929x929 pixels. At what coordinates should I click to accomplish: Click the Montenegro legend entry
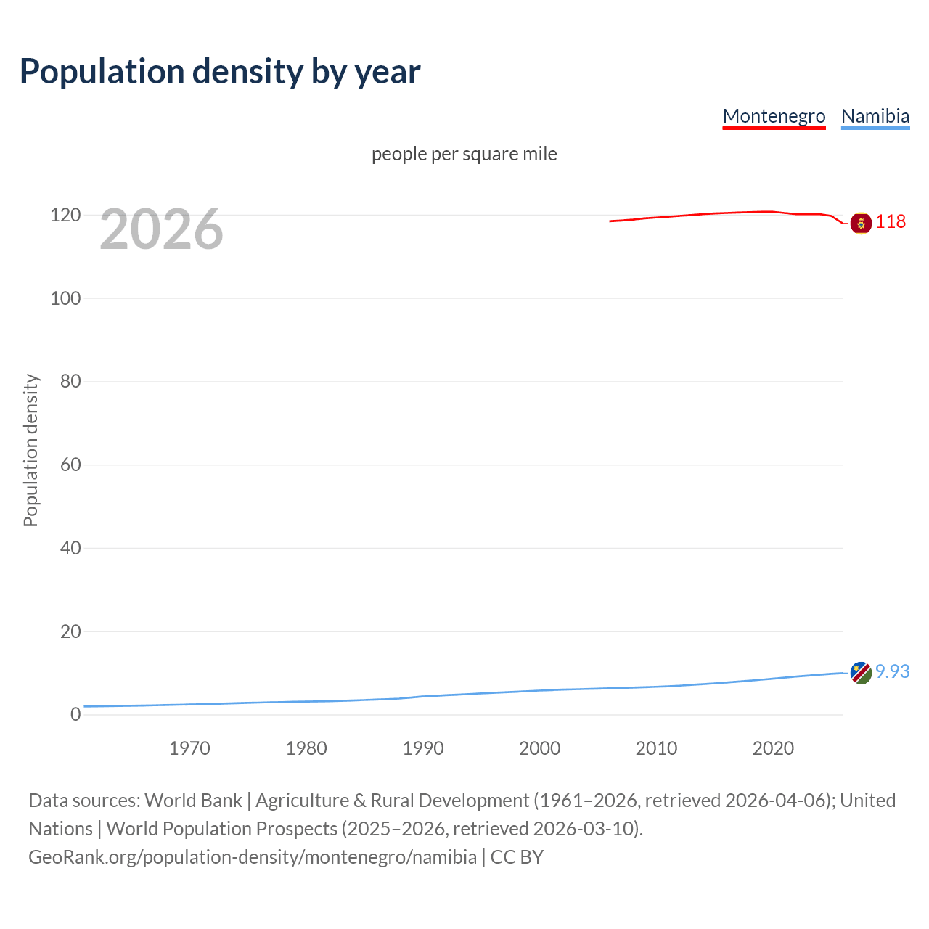coord(774,116)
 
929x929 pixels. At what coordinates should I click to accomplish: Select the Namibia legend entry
coord(875,116)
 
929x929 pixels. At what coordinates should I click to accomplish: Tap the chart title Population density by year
coord(220,72)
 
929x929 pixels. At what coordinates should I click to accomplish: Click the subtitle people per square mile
coord(464,154)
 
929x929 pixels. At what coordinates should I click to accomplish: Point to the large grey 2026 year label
coord(161,229)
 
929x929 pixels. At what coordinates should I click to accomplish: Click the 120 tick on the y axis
coord(65,216)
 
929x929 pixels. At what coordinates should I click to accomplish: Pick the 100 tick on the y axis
coord(65,298)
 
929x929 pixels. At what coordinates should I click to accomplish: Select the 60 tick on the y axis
coord(70,464)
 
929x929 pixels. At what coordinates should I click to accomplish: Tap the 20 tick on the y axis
coord(70,631)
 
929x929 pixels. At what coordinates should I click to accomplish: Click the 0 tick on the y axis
coord(75,714)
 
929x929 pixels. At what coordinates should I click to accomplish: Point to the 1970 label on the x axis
coord(189,748)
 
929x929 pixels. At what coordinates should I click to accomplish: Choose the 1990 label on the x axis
coord(423,748)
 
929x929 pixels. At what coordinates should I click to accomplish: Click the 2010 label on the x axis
coord(656,748)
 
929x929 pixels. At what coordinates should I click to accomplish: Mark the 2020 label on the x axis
coord(773,748)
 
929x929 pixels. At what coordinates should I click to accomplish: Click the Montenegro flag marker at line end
coord(861,223)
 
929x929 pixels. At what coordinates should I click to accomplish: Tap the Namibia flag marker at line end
coord(861,673)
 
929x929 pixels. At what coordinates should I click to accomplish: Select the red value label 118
coord(891,221)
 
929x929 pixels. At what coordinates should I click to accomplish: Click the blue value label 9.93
coord(892,671)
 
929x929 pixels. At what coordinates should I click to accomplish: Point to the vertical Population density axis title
coord(30,450)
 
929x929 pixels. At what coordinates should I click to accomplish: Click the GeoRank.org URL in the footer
coord(253,857)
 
